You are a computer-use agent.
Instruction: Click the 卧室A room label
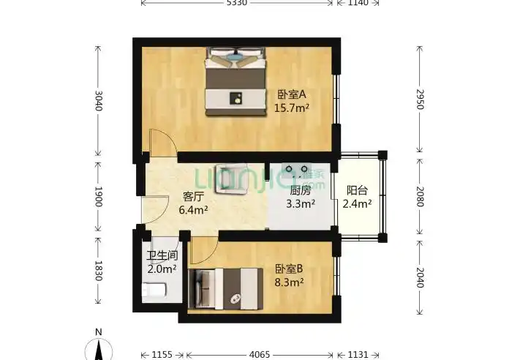291,94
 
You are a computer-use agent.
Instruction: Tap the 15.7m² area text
291,108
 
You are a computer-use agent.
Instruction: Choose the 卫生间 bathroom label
162,255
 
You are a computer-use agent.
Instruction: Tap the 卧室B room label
290,269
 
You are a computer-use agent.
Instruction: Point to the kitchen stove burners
297,171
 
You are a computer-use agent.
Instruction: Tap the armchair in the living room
232,179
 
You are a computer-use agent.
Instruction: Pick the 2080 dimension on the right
419,195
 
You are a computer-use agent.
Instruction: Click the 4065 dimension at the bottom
260,354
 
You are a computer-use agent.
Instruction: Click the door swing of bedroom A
161,143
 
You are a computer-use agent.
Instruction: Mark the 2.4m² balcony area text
358,204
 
